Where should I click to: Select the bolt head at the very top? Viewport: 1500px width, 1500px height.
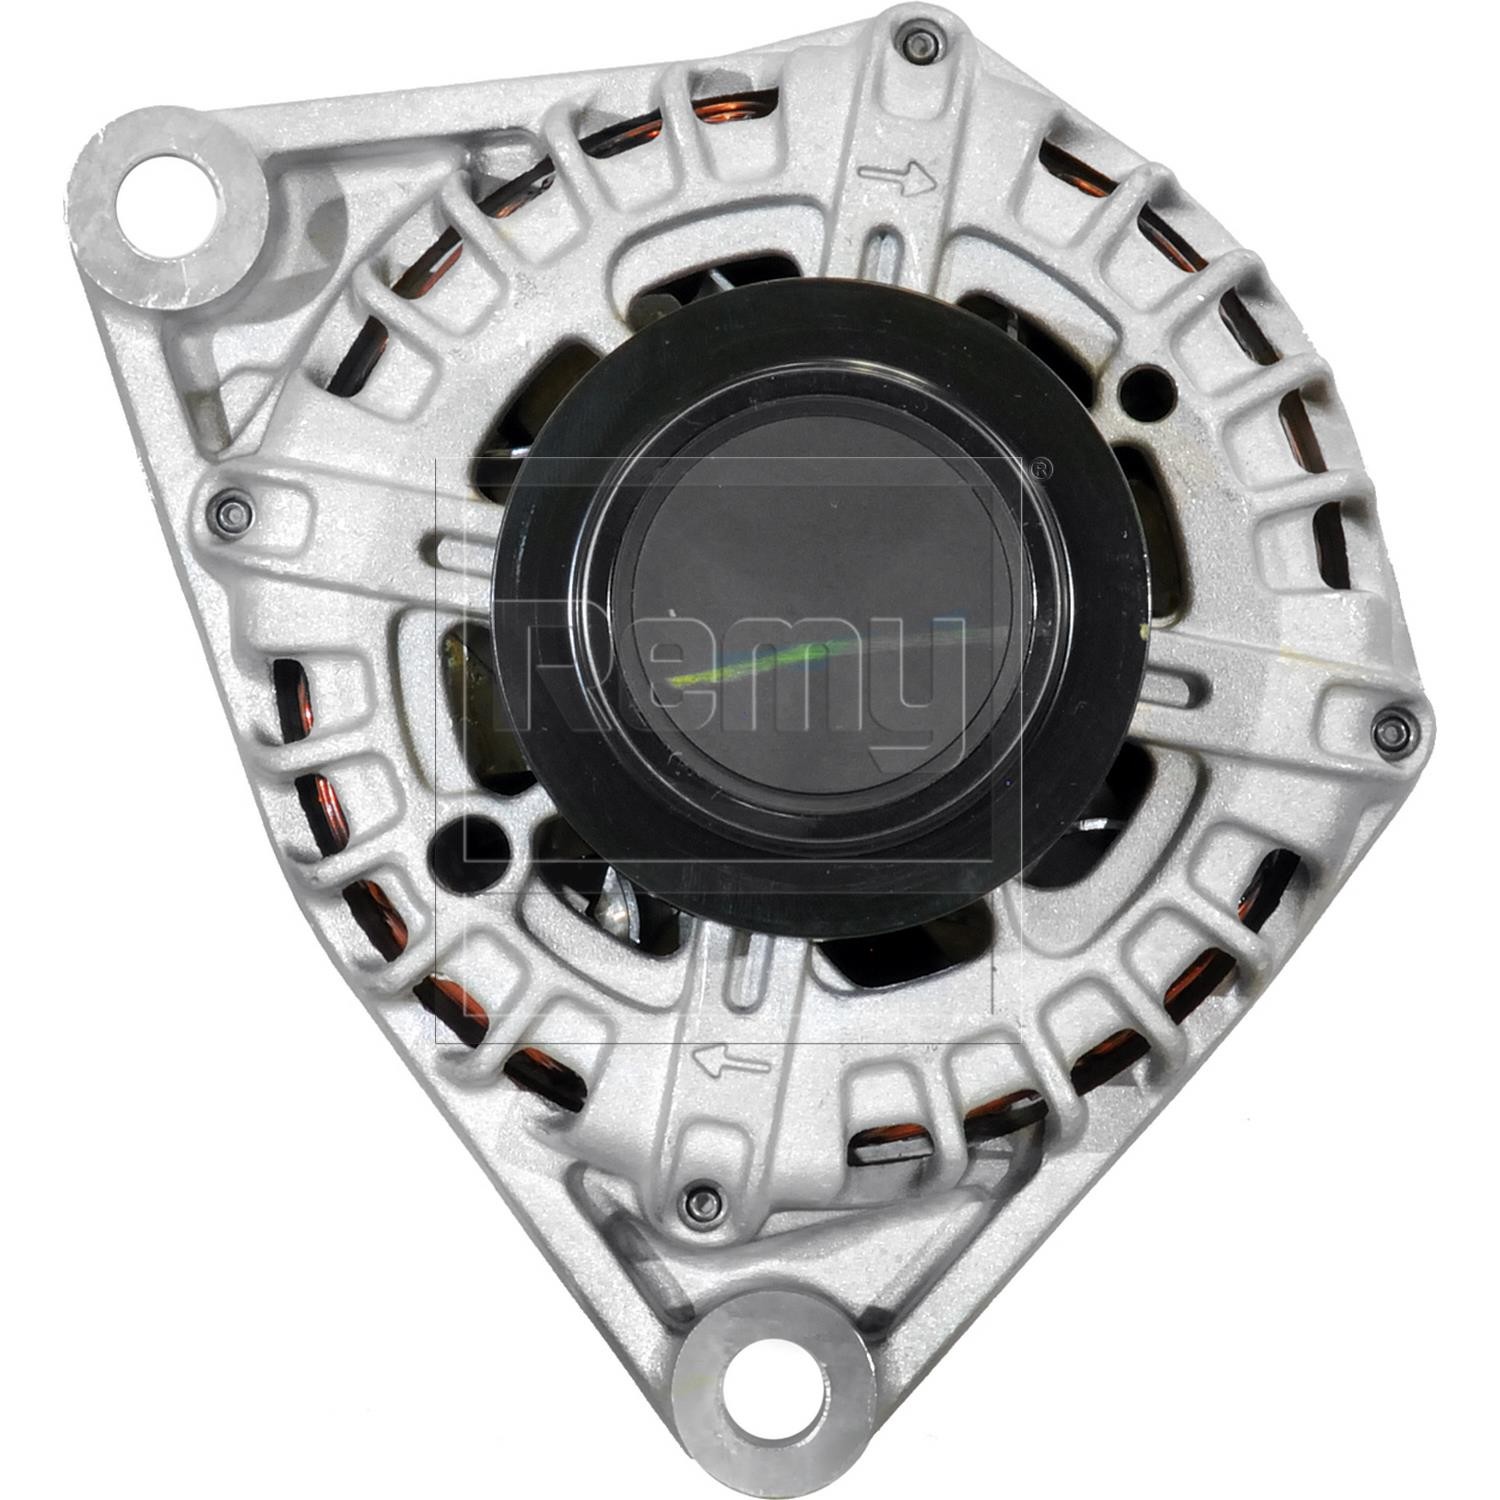[919, 43]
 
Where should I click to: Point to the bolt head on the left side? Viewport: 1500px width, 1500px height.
[233, 515]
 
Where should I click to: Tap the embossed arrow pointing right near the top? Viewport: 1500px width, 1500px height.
[897, 178]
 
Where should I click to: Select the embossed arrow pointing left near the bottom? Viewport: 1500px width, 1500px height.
[733, 1061]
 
